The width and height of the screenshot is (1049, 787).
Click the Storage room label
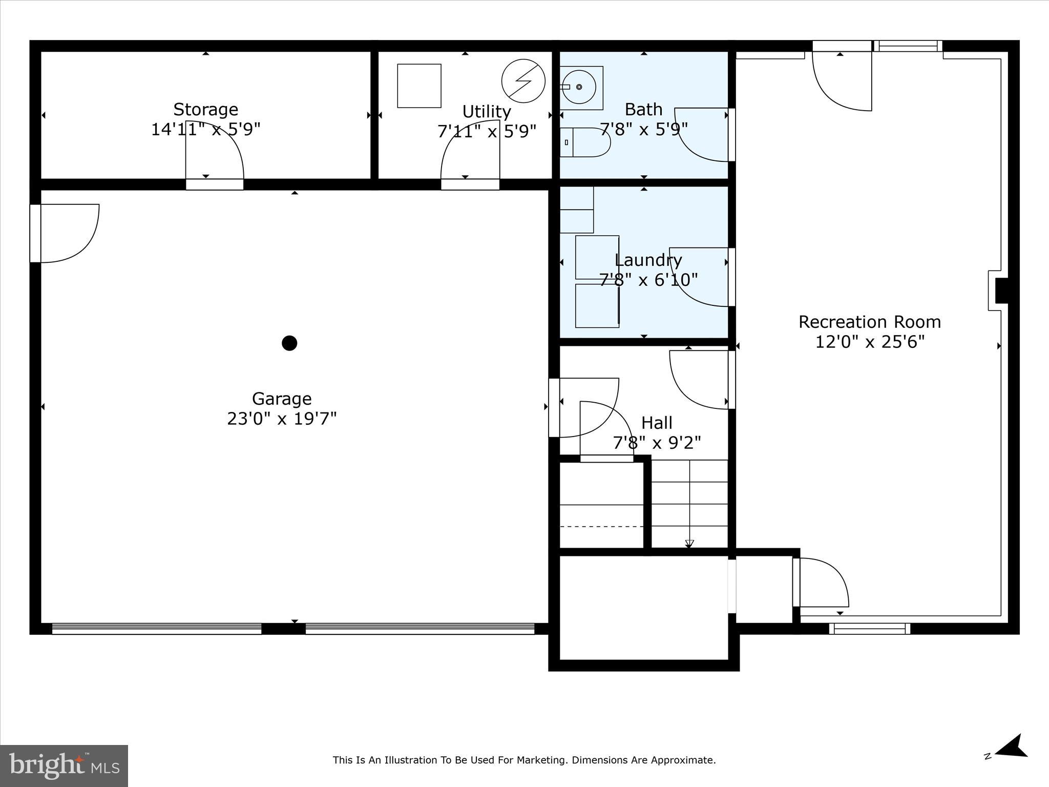pyautogui.click(x=205, y=109)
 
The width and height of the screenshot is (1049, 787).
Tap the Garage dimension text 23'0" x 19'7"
pyautogui.click(x=282, y=419)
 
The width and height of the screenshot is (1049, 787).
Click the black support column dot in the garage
pyautogui.click(x=289, y=343)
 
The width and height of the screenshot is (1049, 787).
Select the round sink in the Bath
pyautogui.click(x=579, y=87)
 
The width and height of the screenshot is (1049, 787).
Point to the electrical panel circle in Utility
pyautogui.click(x=523, y=81)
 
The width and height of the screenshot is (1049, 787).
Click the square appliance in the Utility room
pyautogui.click(x=419, y=86)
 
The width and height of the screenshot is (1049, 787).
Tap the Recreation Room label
pyautogui.click(x=870, y=322)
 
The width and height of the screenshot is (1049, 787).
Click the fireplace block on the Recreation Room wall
pyautogui.click(x=1001, y=291)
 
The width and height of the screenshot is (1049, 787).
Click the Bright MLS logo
pyautogui.click(x=64, y=765)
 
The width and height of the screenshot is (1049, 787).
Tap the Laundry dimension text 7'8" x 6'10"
pyautogui.click(x=648, y=280)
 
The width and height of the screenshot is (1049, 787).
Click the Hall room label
pyautogui.click(x=657, y=423)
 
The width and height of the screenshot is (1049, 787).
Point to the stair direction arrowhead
pyautogui.click(x=689, y=544)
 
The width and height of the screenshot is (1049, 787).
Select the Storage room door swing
pyautogui.click(x=214, y=150)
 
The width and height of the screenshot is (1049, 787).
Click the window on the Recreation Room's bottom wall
pyautogui.click(x=869, y=628)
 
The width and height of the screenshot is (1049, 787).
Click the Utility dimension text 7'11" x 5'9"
pyautogui.click(x=487, y=131)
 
